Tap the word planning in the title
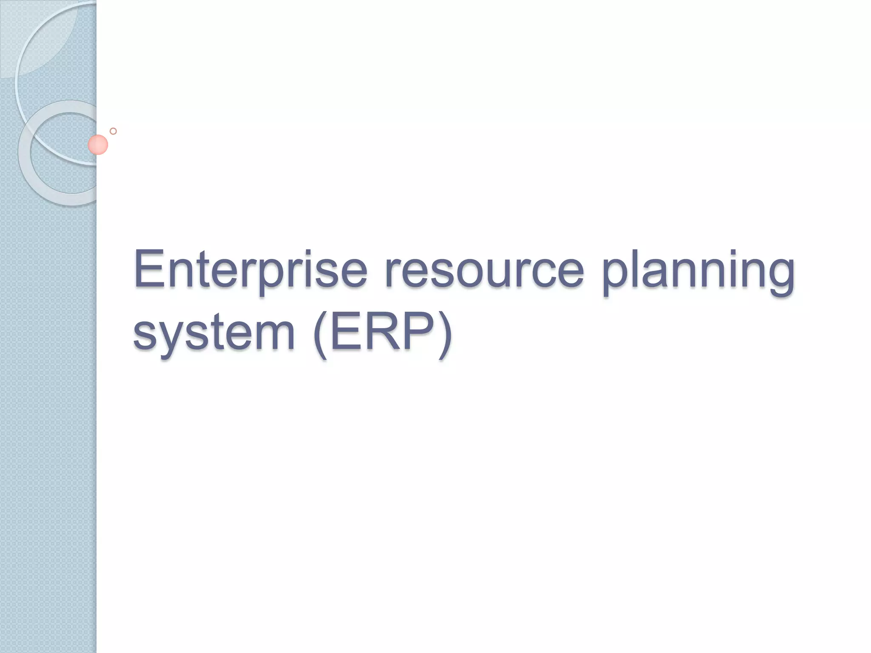tap(697, 272)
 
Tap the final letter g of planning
tap(779, 276)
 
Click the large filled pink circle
tap(98, 145)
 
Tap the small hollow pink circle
tap(113, 131)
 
